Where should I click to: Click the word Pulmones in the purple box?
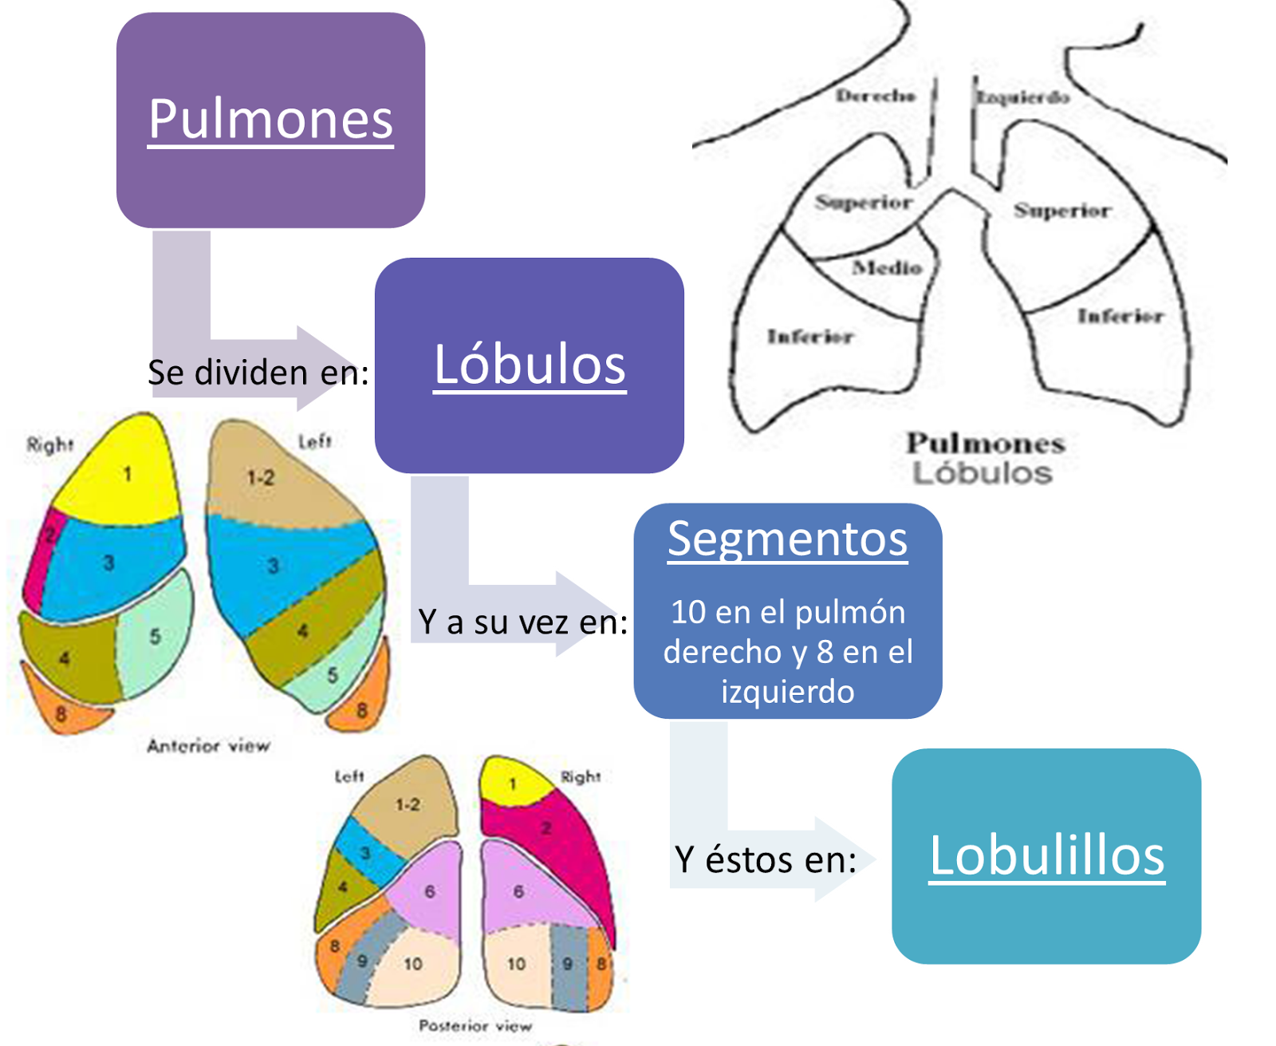point(270,120)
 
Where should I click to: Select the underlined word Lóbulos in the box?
point(530,365)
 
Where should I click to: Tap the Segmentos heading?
point(787,539)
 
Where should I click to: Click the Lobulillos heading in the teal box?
point(1046,855)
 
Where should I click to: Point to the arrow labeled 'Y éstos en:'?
point(766,859)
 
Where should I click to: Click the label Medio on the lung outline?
point(887,268)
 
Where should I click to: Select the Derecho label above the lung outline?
point(876,97)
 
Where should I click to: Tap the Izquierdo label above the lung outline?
point(1023,98)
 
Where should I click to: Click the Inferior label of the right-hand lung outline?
point(1120,317)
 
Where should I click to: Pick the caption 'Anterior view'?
point(208,746)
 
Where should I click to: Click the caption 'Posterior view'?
point(475,1026)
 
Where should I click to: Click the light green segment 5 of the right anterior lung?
point(155,637)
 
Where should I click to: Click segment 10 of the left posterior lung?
point(412,964)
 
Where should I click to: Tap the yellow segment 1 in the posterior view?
point(512,784)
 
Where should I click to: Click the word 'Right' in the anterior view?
point(49,444)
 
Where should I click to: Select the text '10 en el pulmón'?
point(787,613)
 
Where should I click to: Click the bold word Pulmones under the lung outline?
point(986,443)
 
